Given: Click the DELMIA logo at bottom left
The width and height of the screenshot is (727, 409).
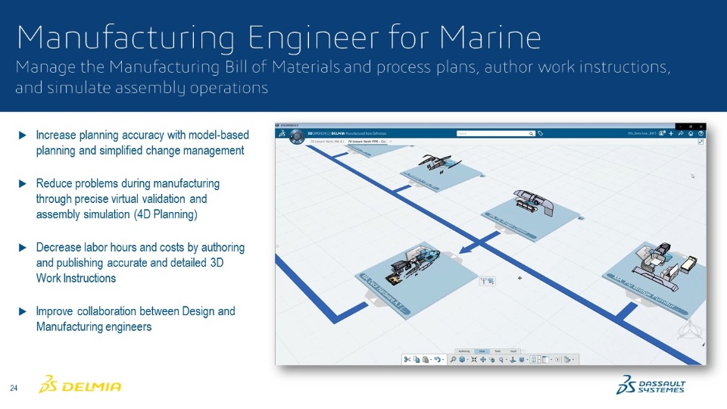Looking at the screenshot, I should (80, 386).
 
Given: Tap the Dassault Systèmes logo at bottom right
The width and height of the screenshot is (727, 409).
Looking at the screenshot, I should (651, 386).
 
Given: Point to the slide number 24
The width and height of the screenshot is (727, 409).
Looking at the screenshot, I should (14, 389).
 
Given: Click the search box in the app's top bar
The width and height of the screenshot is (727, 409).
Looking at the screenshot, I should (496, 133).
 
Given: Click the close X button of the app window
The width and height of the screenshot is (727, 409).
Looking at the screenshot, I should (703, 125).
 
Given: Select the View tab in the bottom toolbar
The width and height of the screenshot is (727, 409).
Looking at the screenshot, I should (482, 351).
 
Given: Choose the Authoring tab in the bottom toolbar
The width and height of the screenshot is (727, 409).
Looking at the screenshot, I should (465, 351).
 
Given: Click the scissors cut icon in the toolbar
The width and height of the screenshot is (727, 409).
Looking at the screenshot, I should (407, 359).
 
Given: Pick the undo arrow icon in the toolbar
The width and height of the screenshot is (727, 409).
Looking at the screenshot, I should (437, 359).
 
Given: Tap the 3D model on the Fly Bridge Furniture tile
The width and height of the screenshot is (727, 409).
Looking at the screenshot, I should (663, 261).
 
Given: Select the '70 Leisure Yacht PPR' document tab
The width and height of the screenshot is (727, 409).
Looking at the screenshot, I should (367, 142).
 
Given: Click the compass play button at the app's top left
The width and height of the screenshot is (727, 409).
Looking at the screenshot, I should (281, 133).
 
